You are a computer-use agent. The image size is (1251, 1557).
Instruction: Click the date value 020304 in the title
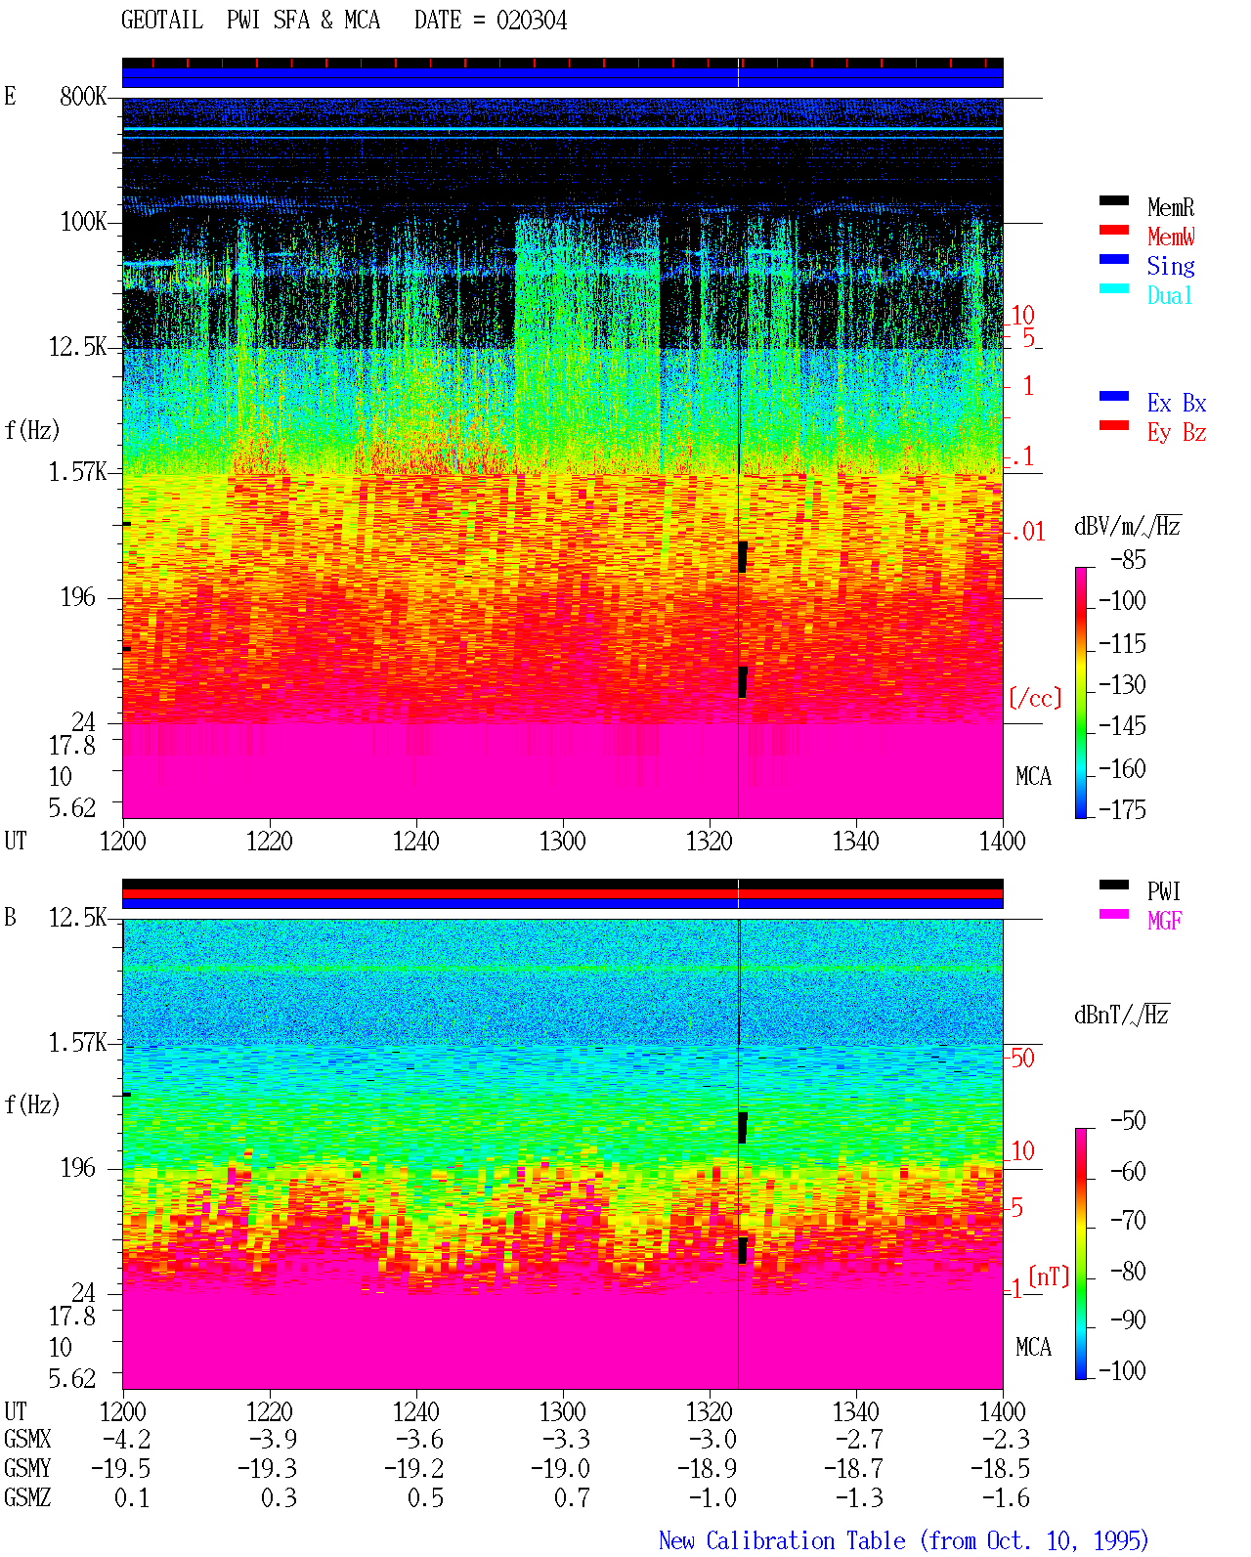[x=531, y=21]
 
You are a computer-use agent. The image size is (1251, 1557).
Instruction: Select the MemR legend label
[x=1170, y=207]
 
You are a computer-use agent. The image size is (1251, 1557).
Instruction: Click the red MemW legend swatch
[x=1113, y=230]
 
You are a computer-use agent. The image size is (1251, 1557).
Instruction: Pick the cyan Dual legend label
[x=1169, y=295]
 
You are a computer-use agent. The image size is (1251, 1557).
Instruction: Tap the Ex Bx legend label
[x=1176, y=403]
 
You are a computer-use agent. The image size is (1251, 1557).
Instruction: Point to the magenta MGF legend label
[x=1164, y=921]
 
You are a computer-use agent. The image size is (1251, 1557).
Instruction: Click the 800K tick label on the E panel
[x=83, y=97]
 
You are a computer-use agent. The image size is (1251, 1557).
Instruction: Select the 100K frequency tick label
[x=83, y=222]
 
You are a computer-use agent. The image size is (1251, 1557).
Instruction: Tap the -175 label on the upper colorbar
[x=1122, y=809]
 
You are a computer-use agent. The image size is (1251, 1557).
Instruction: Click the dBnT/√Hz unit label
[x=1121, y=1016]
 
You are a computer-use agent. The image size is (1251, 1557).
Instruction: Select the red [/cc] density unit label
[x=1035, y=698]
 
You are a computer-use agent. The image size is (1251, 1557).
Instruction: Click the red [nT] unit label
[x=1049, y=1276]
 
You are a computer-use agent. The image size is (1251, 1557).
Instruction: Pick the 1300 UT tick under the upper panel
[x=562, y=841]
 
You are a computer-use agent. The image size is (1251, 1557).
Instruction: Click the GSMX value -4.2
[x=127, y=1439]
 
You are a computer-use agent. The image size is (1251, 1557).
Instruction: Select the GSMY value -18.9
[x=707, y=1469]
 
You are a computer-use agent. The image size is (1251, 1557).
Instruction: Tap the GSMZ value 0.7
[x=572, y=1497]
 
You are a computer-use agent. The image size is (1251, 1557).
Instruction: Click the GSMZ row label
[x=27, y=1497]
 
